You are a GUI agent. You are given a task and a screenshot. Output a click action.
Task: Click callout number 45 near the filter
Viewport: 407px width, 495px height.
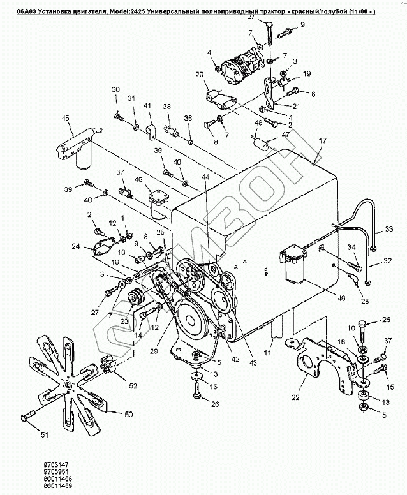[x=64, y=117]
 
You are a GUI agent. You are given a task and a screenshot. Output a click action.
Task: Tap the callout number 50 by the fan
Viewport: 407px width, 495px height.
[x=128, y=415]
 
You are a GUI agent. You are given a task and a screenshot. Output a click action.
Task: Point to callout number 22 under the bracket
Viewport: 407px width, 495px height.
[x=295, y=398]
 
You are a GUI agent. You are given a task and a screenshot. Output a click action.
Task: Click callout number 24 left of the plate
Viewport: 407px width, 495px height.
[x=75, y=246]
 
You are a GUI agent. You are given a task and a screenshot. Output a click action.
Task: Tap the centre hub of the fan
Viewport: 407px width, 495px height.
[x=66, y=383]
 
